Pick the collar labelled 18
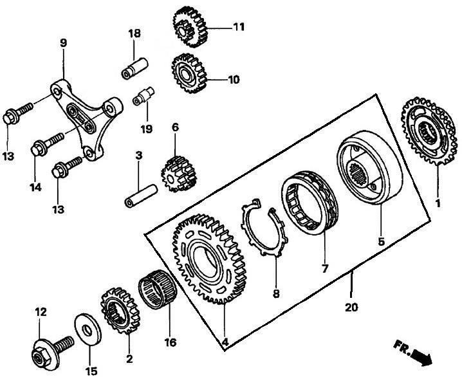pyautogui.click(x=136, y=66)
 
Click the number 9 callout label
pyautogui.click(x=63, y=44)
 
